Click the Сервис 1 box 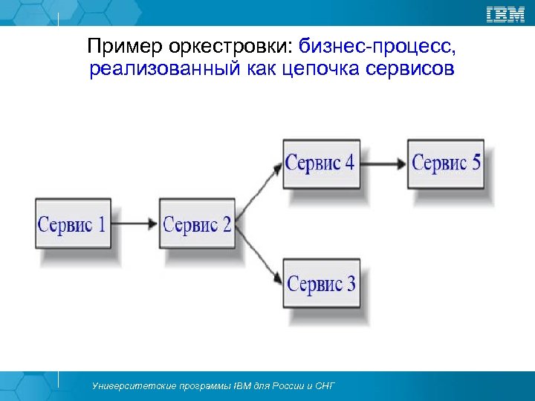point(71,224)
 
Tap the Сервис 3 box point(321,283)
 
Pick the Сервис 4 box point(321,163)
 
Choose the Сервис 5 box point(446,163)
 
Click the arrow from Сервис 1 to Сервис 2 point(134,224)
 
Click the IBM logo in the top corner point(505,13)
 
